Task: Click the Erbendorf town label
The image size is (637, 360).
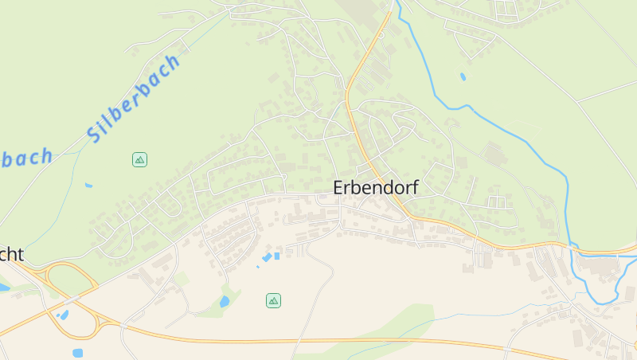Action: click(x=375, y=188)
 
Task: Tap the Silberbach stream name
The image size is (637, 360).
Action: click(x=134, y=99)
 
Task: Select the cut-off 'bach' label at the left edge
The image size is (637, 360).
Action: click(x=27, y=157)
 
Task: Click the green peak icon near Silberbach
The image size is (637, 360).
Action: click(x=139, y=159)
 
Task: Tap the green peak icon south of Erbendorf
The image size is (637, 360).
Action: click(x=273, y=300)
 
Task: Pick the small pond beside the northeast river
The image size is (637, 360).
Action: click(x=463, y=77)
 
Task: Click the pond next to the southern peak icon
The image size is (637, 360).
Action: click(x=225, y=302)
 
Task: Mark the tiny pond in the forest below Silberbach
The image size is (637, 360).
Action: click(x=88, y=186)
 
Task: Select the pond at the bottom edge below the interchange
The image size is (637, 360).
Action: click(x=77, y=353)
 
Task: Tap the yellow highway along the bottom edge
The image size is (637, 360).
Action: click(x=318, y=340)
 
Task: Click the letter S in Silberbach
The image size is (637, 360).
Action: click(x=95, y=135)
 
